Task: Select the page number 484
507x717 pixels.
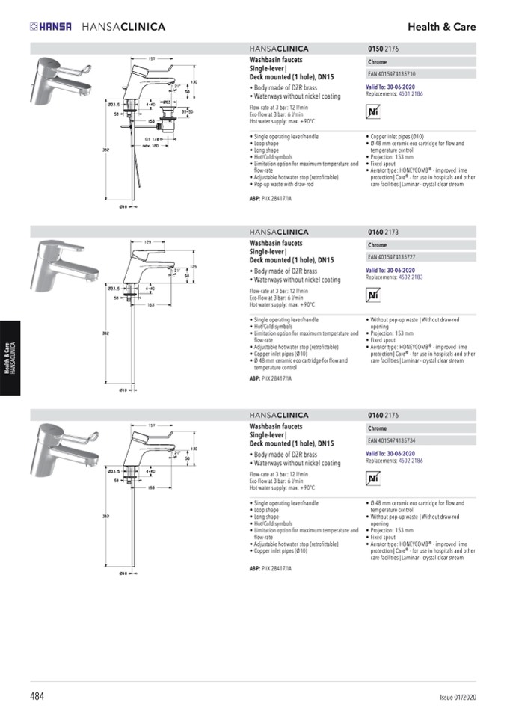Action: (37, 696)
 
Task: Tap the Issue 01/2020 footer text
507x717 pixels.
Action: (457, 698)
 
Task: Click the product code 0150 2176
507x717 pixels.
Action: (384, 49)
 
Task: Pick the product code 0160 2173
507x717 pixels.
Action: (384, 233)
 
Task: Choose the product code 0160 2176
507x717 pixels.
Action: (384, 416)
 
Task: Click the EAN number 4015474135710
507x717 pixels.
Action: (392, 74)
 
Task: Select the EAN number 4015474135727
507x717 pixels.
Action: (392, 257)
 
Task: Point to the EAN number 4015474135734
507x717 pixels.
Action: (392, 440)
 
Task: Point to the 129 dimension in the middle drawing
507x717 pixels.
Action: (148, 242)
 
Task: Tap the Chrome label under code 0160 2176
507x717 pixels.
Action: (377, 429)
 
